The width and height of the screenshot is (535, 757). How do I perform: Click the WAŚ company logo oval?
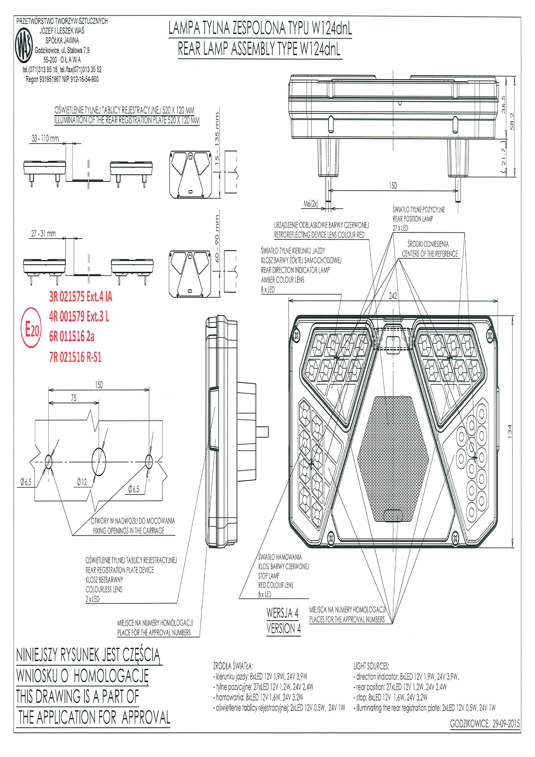(25, 46)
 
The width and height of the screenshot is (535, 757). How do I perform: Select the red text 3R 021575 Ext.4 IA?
(80, 297)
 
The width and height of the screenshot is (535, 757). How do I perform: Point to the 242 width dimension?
(393, 296)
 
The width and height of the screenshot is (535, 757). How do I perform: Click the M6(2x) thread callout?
(311, 204)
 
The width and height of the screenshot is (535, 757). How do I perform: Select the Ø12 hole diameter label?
(82, 482)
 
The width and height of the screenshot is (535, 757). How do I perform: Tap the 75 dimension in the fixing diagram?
(73, 398)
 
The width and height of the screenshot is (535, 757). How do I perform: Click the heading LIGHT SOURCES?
(371, 666)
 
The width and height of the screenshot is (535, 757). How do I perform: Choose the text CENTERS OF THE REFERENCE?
(430, 254)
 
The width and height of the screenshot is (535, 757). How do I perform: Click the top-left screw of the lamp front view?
(296, 335)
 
